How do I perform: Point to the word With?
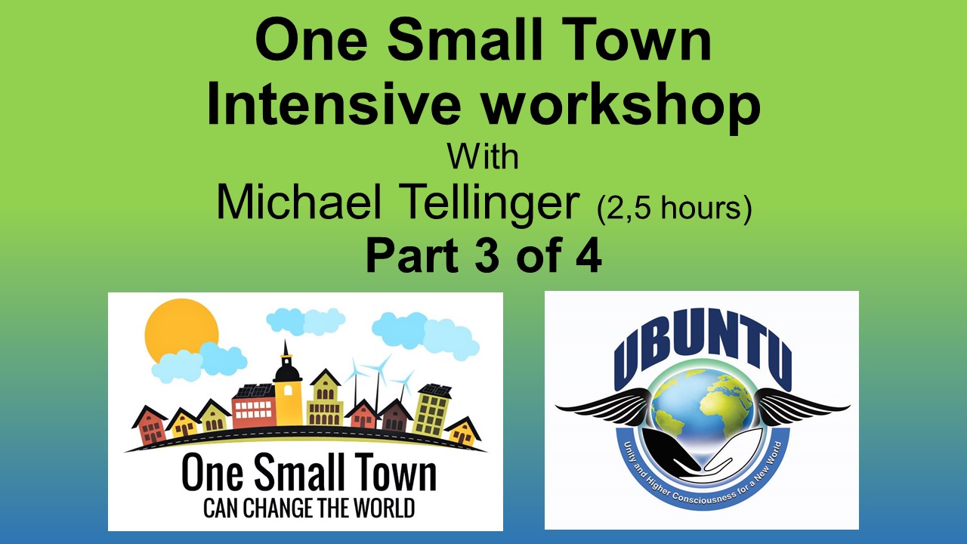483,157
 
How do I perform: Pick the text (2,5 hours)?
674,209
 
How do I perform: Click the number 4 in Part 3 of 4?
588,256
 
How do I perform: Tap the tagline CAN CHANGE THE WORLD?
309,507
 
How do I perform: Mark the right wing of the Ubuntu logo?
801,405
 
